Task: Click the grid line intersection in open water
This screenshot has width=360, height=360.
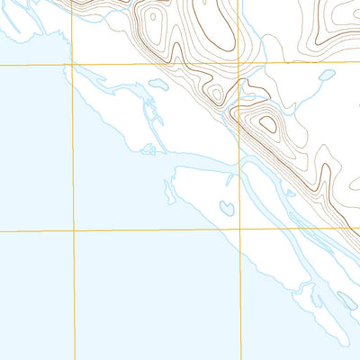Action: point(73,230)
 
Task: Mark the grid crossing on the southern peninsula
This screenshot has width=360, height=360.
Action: point(240,229)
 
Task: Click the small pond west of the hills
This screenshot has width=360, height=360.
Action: point(157,84)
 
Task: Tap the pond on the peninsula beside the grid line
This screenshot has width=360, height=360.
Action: point(227,208)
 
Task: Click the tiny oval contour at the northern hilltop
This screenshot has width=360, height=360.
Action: point(152,15)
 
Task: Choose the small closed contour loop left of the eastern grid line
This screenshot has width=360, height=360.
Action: point(216,93)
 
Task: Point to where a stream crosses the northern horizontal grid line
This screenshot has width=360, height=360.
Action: point(260,64)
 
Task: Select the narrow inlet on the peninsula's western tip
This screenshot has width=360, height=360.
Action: point(168,191)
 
